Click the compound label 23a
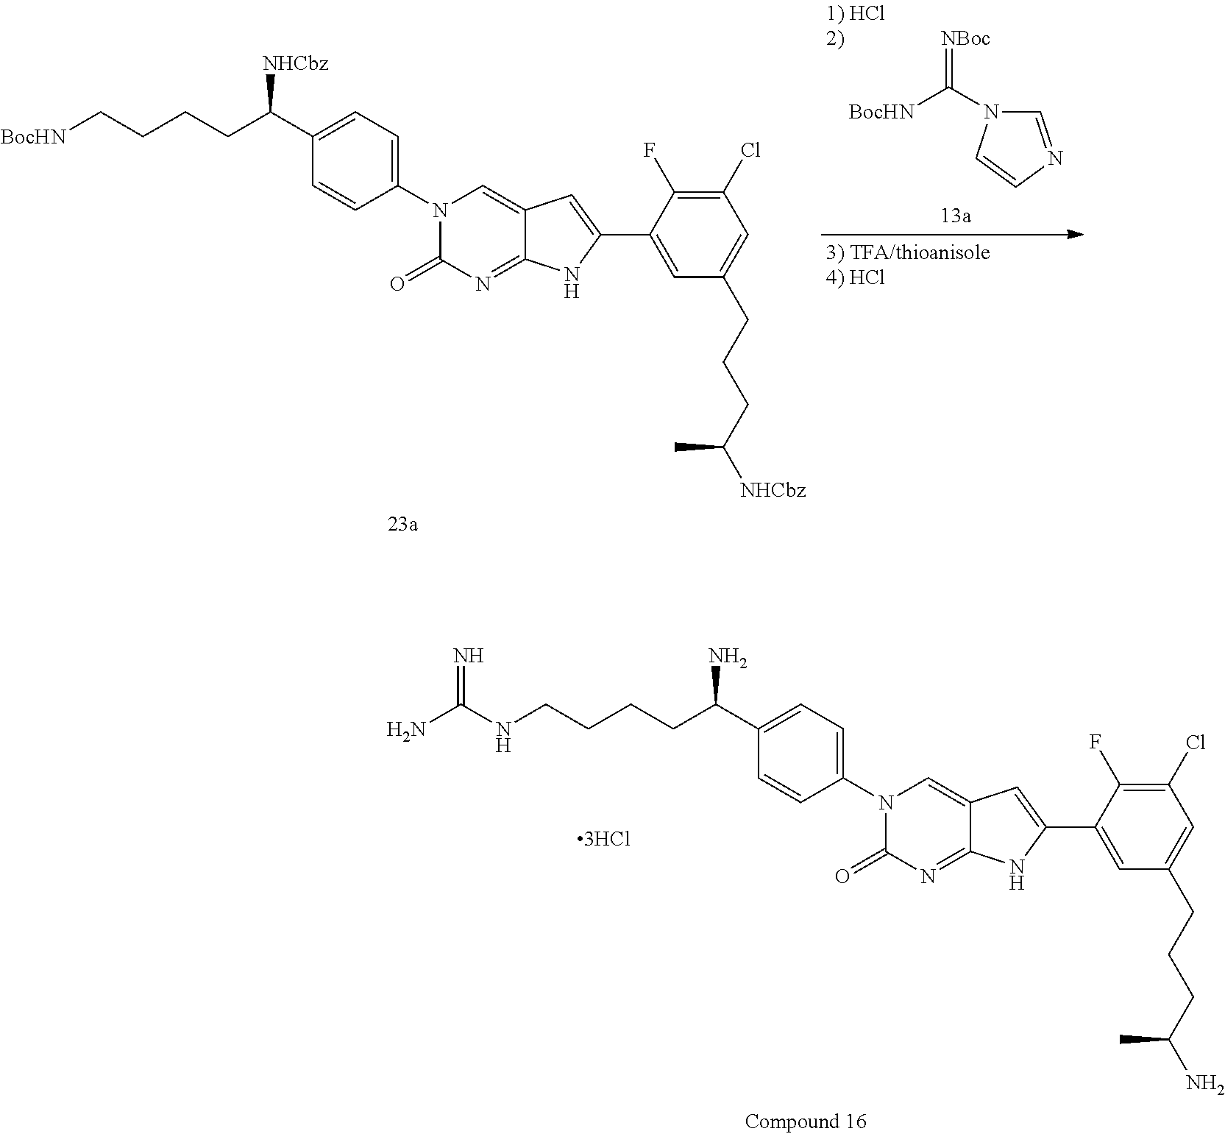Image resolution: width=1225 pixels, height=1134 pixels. [402, 525]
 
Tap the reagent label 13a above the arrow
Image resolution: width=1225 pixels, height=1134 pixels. [955, 216]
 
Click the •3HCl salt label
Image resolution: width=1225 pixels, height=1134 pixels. [603, 840]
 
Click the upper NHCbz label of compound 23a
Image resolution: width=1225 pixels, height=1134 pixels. [296, 64]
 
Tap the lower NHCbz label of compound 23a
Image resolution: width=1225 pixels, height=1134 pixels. [773, 490]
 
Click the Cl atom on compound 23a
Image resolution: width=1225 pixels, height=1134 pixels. [750, 151]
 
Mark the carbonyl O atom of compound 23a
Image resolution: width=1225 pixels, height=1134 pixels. [397, 284]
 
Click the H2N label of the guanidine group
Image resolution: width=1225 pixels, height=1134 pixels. [406, 729]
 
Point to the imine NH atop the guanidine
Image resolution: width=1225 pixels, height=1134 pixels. [469, 656]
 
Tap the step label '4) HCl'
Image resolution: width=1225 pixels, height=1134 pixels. [854, 278]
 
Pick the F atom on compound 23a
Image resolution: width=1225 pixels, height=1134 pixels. [650, 151]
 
